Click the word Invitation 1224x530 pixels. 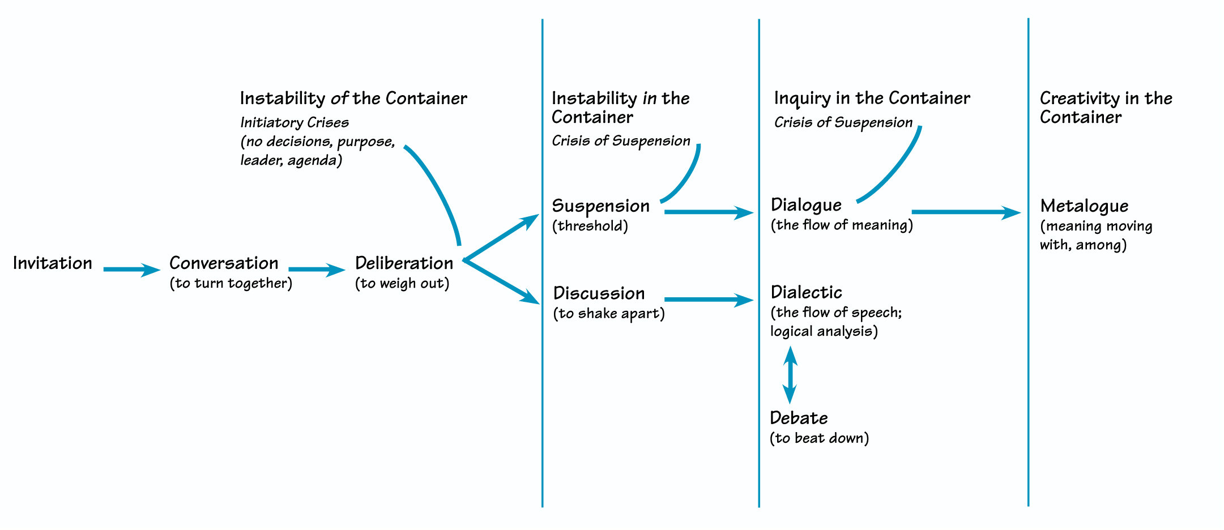point(52,263)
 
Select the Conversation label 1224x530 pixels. point(224,263)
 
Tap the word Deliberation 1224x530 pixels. point(404,263)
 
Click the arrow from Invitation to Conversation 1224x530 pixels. point(131,270)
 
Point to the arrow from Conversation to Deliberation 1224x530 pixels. point(316,270)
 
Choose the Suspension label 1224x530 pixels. point(600,206)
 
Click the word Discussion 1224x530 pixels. point(599,293)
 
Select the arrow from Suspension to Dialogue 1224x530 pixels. point(708,212)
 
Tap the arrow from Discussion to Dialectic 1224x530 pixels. point(708,300)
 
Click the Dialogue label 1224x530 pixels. point(806,205)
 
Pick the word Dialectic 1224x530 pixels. point(806,293)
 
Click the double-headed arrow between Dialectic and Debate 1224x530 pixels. point(790,375)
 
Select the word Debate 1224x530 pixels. point(799,418)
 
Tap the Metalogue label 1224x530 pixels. point(1084,206)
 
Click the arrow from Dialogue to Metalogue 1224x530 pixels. point(966,212)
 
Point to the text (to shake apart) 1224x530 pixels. point(609,314)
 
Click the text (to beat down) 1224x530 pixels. point(819,438)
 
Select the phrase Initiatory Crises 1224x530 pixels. point(295,123)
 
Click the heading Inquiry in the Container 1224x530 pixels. point(872,99)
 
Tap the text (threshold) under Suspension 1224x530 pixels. point(590,226)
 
